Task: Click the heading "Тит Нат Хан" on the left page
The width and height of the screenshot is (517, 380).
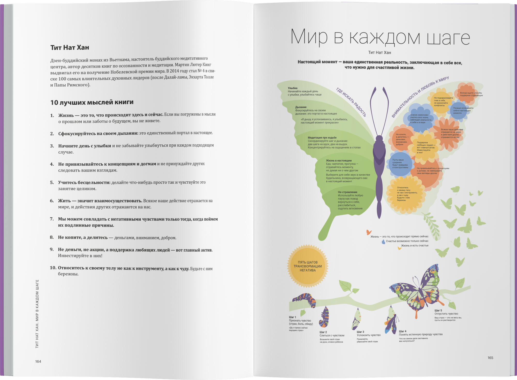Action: click(70, 48)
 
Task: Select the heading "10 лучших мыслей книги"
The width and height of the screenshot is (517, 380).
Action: click(92, 102)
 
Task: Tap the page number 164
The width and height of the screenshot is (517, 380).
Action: click(38, 361)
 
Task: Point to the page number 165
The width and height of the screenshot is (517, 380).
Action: click(490, 358)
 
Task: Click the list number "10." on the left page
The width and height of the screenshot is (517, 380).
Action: click(53, 268)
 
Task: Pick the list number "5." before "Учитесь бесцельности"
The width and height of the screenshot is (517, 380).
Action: click(52, 182)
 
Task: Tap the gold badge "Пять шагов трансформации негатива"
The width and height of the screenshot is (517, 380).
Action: click(308, 266)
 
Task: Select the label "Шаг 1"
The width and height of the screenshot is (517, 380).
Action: click(292, 317)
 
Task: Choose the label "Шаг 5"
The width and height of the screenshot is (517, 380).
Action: click(438, 310)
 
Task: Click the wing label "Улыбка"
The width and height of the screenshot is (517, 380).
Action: click(293, 88)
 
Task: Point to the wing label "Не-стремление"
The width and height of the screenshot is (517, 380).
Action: click(347, 192)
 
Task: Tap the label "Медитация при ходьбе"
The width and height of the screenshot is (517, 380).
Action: click(322, 138)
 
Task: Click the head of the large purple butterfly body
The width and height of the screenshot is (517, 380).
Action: click(379, 139)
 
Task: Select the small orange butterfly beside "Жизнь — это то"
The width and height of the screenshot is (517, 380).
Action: click(369, 232)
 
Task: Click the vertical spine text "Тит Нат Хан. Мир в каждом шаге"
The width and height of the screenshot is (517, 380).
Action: click(37, 314)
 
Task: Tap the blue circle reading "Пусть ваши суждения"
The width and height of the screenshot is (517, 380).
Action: click(400, 164)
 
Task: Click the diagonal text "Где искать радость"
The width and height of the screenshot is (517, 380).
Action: click(351, 102)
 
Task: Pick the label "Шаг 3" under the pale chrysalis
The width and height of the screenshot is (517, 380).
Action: click(360, 332)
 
